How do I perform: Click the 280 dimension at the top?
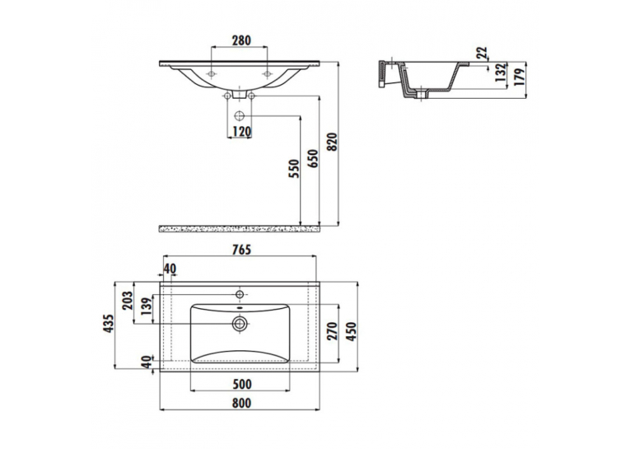coord(241,40)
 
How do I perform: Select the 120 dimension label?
coord(241,132)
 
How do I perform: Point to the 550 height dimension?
coord(295,169)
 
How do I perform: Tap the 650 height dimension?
coord(314,158)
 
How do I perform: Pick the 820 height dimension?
coord(332,141)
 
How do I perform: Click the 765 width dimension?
coord(241,250)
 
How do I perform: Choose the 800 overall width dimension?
coord(241,403)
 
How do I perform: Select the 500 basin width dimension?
coord(242,384)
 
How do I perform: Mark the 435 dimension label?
coord(109,324)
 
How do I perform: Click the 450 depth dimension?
coord(351,332)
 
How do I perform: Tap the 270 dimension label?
coord(332,331)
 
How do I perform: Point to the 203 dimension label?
coord(127,300)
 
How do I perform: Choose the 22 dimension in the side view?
coord(483,53)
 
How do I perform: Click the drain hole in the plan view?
coord(240,323)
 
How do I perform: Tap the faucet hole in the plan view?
coord(240,294)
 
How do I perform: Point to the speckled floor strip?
coord(240,229)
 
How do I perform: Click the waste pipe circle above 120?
coord(240,116)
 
